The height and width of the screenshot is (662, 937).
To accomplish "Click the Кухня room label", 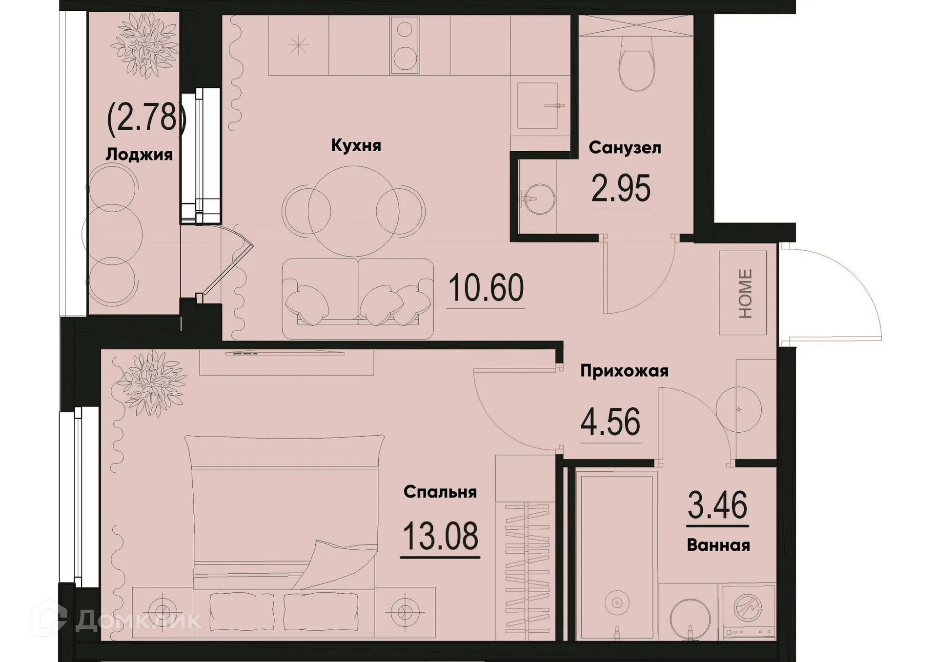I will [x=356, y=145].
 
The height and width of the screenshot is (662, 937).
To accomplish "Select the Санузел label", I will [x=625, y=147].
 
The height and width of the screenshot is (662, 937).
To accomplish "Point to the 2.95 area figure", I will [x=621, y=188].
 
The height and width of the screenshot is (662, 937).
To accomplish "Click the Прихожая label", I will [x=624, y=371].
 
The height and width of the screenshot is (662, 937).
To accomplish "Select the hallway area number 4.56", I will [x=610, y=422].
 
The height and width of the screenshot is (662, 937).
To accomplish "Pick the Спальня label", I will [x=440, y=492].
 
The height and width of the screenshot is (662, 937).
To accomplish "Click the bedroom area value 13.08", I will [x=440, y=536].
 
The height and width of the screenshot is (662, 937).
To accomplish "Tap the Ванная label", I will [x=718, y=545].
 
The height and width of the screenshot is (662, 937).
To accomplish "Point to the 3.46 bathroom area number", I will [x=717, y=506].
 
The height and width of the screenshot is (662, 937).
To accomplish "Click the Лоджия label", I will [x=139, y=155].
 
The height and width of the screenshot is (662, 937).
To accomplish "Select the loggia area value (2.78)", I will [x=146, y=118].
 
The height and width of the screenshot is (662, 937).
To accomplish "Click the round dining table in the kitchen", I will [x=353, y=211].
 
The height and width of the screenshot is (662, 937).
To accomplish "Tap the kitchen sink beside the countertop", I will [x=537, y=105].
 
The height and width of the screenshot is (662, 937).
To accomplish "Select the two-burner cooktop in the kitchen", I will [x=404, y=45].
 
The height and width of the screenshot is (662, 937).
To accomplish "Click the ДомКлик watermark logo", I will [x=117, y=620].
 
